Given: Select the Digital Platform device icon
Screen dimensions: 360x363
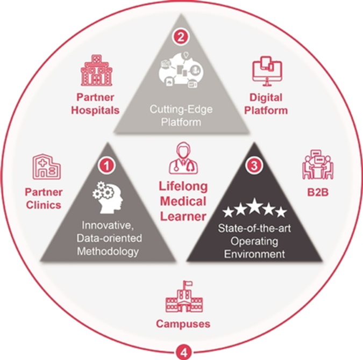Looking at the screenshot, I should pyautogui.click(x=267, y=73).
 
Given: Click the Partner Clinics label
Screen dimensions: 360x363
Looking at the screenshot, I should pyautogui.click(x=43, y=198).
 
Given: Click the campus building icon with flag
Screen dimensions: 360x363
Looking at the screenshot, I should pyautogui.click(x=182, y=297).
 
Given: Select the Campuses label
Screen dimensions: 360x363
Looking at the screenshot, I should pyautogui.click(x=183, y=324).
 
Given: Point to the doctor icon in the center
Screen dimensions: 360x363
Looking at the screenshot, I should pyautogui.click(x=183, y=159).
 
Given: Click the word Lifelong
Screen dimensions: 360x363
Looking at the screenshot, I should pyautogui.click(x=182, y=187).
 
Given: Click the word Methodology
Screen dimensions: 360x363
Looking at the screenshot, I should pyautogui.click(x=108, y=251).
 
